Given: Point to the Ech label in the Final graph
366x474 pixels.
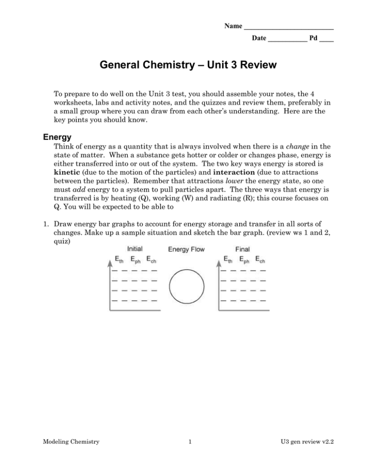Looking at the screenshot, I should click(x=260, y=260).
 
